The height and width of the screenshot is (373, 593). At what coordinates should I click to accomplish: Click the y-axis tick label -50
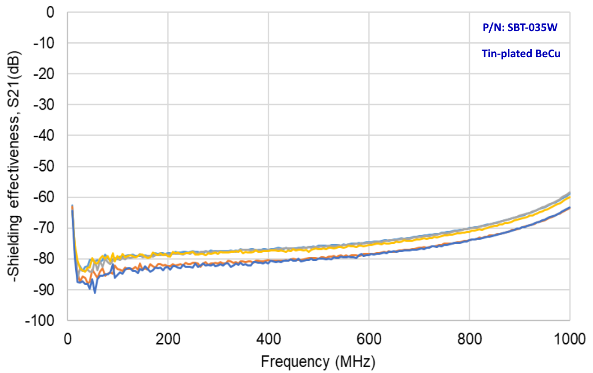(x=44, y=167)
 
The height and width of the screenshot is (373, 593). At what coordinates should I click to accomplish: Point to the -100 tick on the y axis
(x=41, y=321)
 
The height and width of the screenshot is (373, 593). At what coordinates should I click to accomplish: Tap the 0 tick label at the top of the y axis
(x=50, y=12)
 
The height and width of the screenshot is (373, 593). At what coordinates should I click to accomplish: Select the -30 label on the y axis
(x=44, y=105)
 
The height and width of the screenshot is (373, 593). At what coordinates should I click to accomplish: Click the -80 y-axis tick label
(x=44, y=259)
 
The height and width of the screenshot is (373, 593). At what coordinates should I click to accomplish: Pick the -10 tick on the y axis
(x=44, y=43)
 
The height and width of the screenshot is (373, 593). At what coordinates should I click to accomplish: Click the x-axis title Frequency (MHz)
(x=318, y=361)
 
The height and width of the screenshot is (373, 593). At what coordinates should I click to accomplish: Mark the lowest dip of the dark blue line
(x=95, y=293)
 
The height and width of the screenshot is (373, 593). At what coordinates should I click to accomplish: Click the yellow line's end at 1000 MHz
(x=570, y=197)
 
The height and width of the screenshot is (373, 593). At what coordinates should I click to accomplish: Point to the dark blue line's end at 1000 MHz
(x=570, y=208)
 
